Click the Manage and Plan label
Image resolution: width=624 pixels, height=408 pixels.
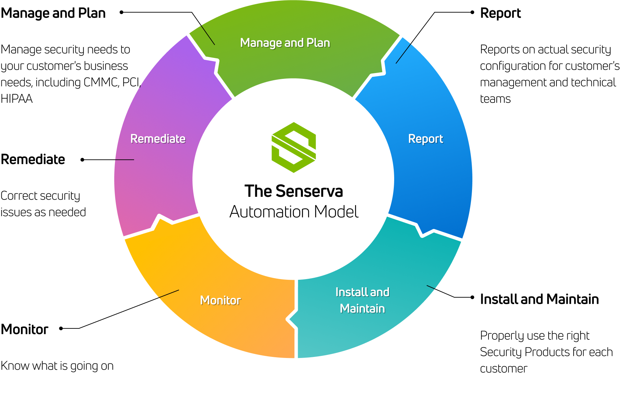coord(285,43)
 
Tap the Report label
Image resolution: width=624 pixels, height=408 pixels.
coord(425,139)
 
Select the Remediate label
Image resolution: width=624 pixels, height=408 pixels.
coord(158,139)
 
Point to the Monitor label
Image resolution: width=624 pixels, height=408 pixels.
coord(220,300)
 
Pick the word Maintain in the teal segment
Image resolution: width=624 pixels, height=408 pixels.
coord(362,309)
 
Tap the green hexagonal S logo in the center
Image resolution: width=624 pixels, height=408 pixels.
coord(294,147)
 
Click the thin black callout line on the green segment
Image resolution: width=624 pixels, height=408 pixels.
coord(208,35)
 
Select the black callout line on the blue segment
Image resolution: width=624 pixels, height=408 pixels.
coord(403,54)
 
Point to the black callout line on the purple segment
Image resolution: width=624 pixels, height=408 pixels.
coord(124,160)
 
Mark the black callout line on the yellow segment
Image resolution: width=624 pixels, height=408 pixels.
coord(169,294)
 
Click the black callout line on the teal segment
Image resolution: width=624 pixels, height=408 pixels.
coord(431,287)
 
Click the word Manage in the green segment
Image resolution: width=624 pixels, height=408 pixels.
coord(261,43)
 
